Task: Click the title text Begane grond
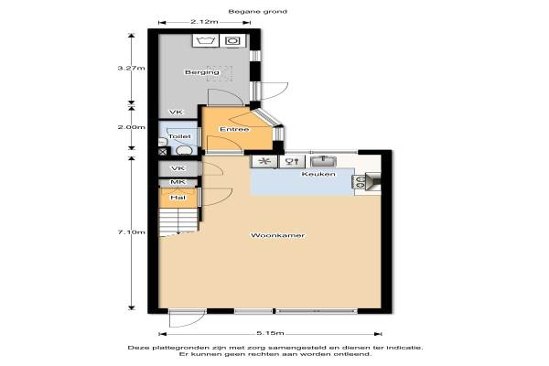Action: [x=258, y=12]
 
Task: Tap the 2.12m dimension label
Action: [x=204, y=22]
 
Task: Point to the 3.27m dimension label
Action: [x=131, y=68]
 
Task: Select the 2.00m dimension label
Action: [x=131, y=127]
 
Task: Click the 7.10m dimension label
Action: [x=131, y=231]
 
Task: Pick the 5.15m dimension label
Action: [x=270, y=333]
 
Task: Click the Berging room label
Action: [x=202, y=72]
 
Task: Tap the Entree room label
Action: [x=234, y=129]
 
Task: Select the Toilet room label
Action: [x=179, y=136]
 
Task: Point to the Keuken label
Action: [x=318, y=174]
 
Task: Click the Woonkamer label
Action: [x=277, y=235]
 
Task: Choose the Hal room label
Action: [x=178, y=198]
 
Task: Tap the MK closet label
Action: [x=178, y=182]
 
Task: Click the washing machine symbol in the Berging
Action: [x=206, y=40]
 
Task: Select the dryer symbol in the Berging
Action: [x=232, y=40]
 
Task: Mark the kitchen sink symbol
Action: [x=324, y=161]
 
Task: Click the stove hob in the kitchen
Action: [x=360, y=182]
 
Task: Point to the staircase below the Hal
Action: [x=178, y=221]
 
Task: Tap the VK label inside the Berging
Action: [x=176, y=112]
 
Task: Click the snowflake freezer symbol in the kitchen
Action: [x=265, y=161]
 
